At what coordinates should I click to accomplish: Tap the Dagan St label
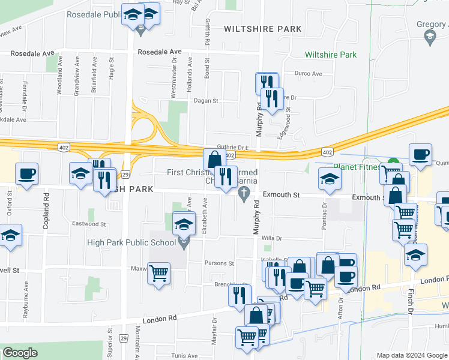205,101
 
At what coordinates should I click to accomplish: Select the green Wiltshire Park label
331,55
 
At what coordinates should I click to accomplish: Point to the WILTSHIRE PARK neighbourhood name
262,28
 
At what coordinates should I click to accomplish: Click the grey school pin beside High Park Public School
184,242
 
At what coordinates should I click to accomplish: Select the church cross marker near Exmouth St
244,193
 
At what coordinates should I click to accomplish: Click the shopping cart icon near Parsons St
159,273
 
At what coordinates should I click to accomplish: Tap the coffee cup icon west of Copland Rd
26,174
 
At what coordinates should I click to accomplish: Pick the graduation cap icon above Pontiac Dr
329,179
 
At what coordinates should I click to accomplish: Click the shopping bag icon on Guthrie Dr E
214,160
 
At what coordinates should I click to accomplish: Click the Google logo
20,352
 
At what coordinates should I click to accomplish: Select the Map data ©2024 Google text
411,355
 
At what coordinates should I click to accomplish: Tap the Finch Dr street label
412,305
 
